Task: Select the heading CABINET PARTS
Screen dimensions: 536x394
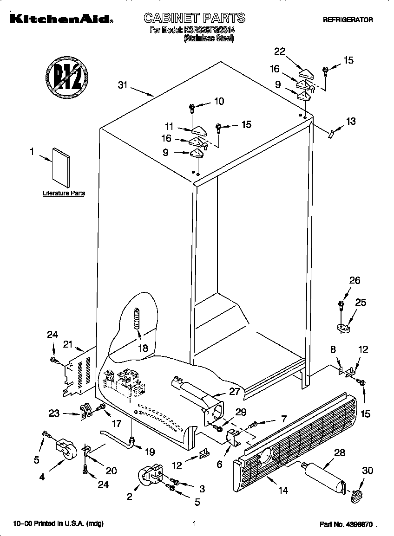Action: point(194,18)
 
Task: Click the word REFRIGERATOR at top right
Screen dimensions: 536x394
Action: point(348,20)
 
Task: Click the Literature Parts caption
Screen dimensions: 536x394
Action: point(64,193)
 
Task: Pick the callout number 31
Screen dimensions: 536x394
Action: point(123,85)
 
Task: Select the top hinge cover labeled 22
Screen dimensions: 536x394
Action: point(307,73)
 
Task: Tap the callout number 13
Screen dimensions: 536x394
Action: point(351,122)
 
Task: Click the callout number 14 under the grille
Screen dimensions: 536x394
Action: point(282,490)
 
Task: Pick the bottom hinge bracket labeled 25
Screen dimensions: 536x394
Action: point(344,328)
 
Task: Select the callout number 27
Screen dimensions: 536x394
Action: point(235,391)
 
